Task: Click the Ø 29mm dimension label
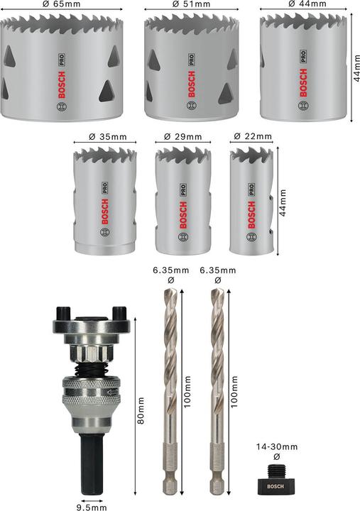point(182,137)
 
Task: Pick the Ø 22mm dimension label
point(251,136)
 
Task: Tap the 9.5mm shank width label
point(92,507)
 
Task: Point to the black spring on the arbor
point(89,370)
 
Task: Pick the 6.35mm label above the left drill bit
point(171,270)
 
